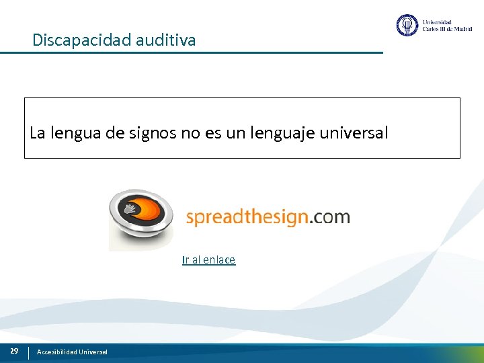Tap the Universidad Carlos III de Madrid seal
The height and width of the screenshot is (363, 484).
point(407,26)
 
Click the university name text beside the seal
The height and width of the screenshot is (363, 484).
point(446,26)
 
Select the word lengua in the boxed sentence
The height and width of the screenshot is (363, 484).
point(71,133)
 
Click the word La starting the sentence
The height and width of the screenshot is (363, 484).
point(38,133)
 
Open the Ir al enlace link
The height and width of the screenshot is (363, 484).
point(208,260)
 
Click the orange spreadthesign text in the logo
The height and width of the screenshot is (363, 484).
point(247,217)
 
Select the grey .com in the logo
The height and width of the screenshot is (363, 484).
point(330,217)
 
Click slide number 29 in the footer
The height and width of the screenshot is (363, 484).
point(14,351)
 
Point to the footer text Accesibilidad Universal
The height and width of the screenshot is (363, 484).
point(72,352)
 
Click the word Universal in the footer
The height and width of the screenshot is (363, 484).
point(93,352)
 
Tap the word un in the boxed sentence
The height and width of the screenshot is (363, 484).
point(236,133)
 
